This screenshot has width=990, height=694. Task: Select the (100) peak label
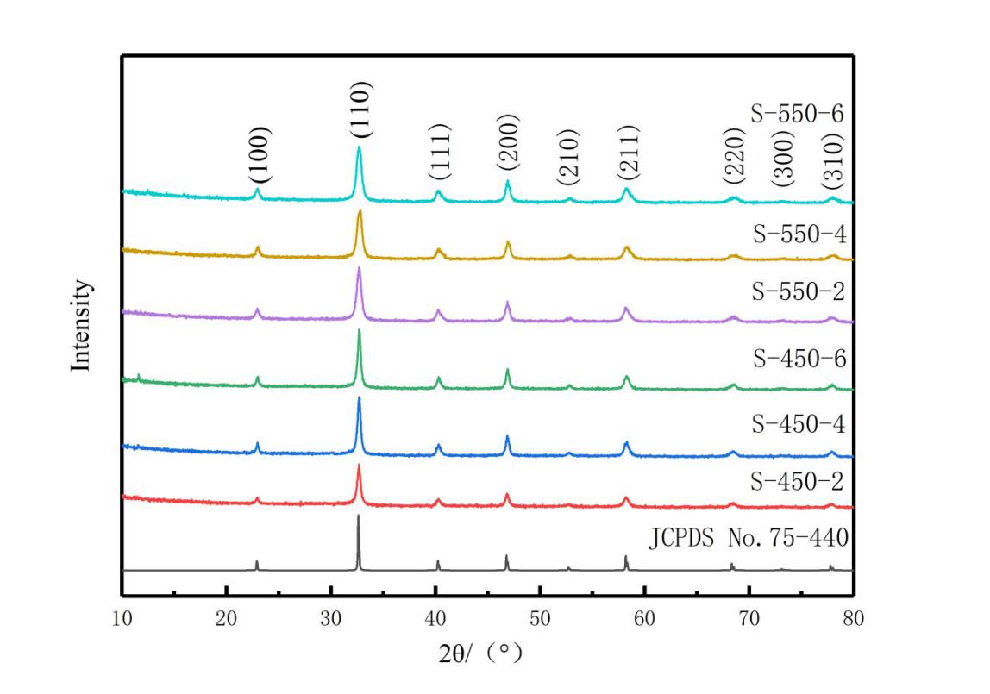click(x=260, y=154)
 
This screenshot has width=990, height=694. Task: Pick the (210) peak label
click(x=569, y=159)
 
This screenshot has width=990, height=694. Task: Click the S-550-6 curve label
click(x=796, y=113)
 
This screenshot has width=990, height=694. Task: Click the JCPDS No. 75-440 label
click(x=749, y=540)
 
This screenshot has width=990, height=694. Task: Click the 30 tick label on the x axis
click(x=331, y=617)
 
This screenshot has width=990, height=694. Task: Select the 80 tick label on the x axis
click(x=853, y=617)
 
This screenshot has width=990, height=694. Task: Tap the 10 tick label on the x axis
click(x=122, y=617)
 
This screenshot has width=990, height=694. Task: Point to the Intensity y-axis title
click(x=81, y=325)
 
